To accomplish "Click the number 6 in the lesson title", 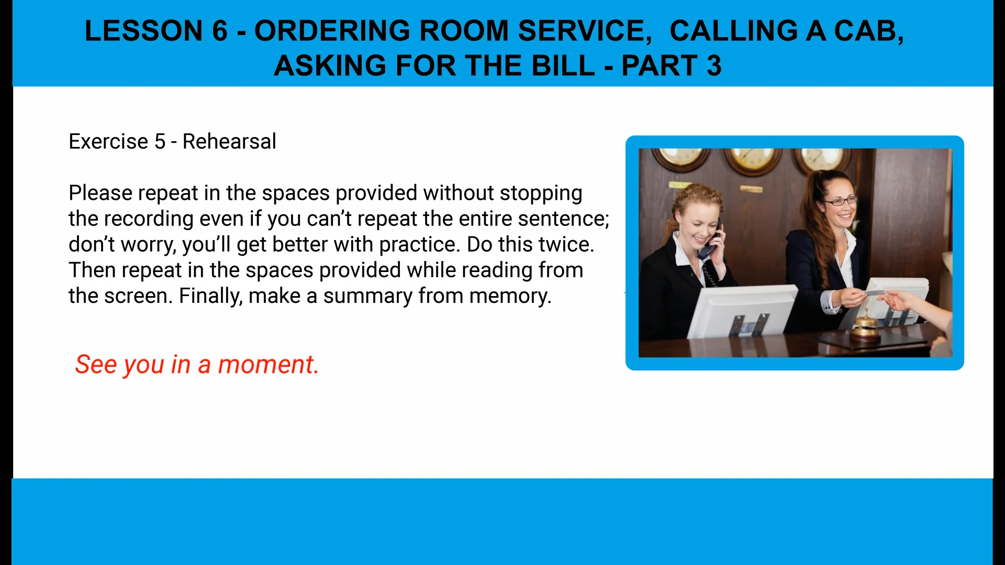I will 220,31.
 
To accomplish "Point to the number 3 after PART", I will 714,66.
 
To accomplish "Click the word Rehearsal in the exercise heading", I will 229,141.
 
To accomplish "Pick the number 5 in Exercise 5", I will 160,141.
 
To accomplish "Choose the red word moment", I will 267,364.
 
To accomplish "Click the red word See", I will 96,364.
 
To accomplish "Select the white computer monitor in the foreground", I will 741,311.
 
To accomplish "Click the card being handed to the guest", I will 875,294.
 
